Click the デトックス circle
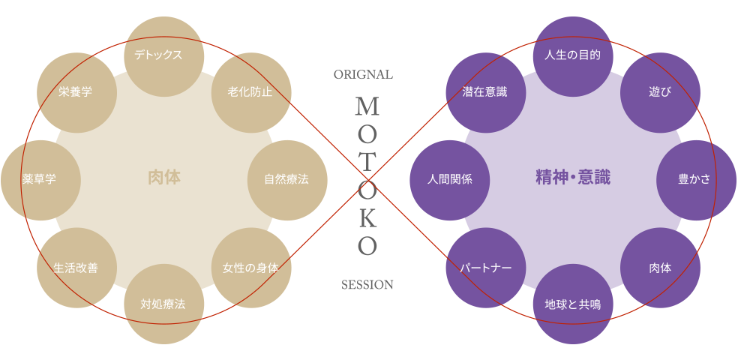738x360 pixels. coord(163,55)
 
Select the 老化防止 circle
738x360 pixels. coord(250,91)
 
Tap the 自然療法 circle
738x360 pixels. coord(286,180)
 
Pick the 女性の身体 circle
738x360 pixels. coord(250,268)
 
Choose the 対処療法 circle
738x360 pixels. coord(163,304)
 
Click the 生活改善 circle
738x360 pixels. coord(75,268)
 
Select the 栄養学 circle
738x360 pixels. coord(75,91)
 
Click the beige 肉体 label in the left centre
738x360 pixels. coord(163,178)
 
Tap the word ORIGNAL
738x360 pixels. coord(363,75)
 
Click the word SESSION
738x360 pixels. coord(367,285)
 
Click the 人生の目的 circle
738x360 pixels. coord(572,55)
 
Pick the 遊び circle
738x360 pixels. coord(660,91)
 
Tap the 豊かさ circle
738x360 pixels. coord(695,180)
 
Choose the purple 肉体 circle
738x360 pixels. coord(660,268)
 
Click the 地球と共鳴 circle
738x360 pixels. coord(572,304)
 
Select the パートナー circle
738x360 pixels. coord(484,268)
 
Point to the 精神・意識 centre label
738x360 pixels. coord(572,178)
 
